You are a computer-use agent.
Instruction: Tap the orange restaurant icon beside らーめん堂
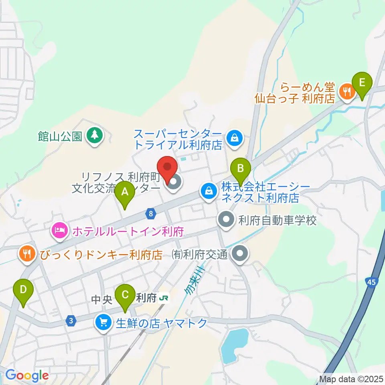pos(346,92)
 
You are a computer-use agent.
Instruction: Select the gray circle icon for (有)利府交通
pos(241,253)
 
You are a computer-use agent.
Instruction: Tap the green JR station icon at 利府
pos(163,298)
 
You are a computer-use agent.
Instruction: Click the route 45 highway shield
pos(371,282)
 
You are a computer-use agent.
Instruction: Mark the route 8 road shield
pos(150,213)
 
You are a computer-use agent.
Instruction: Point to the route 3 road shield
pos(71,321)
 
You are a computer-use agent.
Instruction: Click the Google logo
pos(27,376)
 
